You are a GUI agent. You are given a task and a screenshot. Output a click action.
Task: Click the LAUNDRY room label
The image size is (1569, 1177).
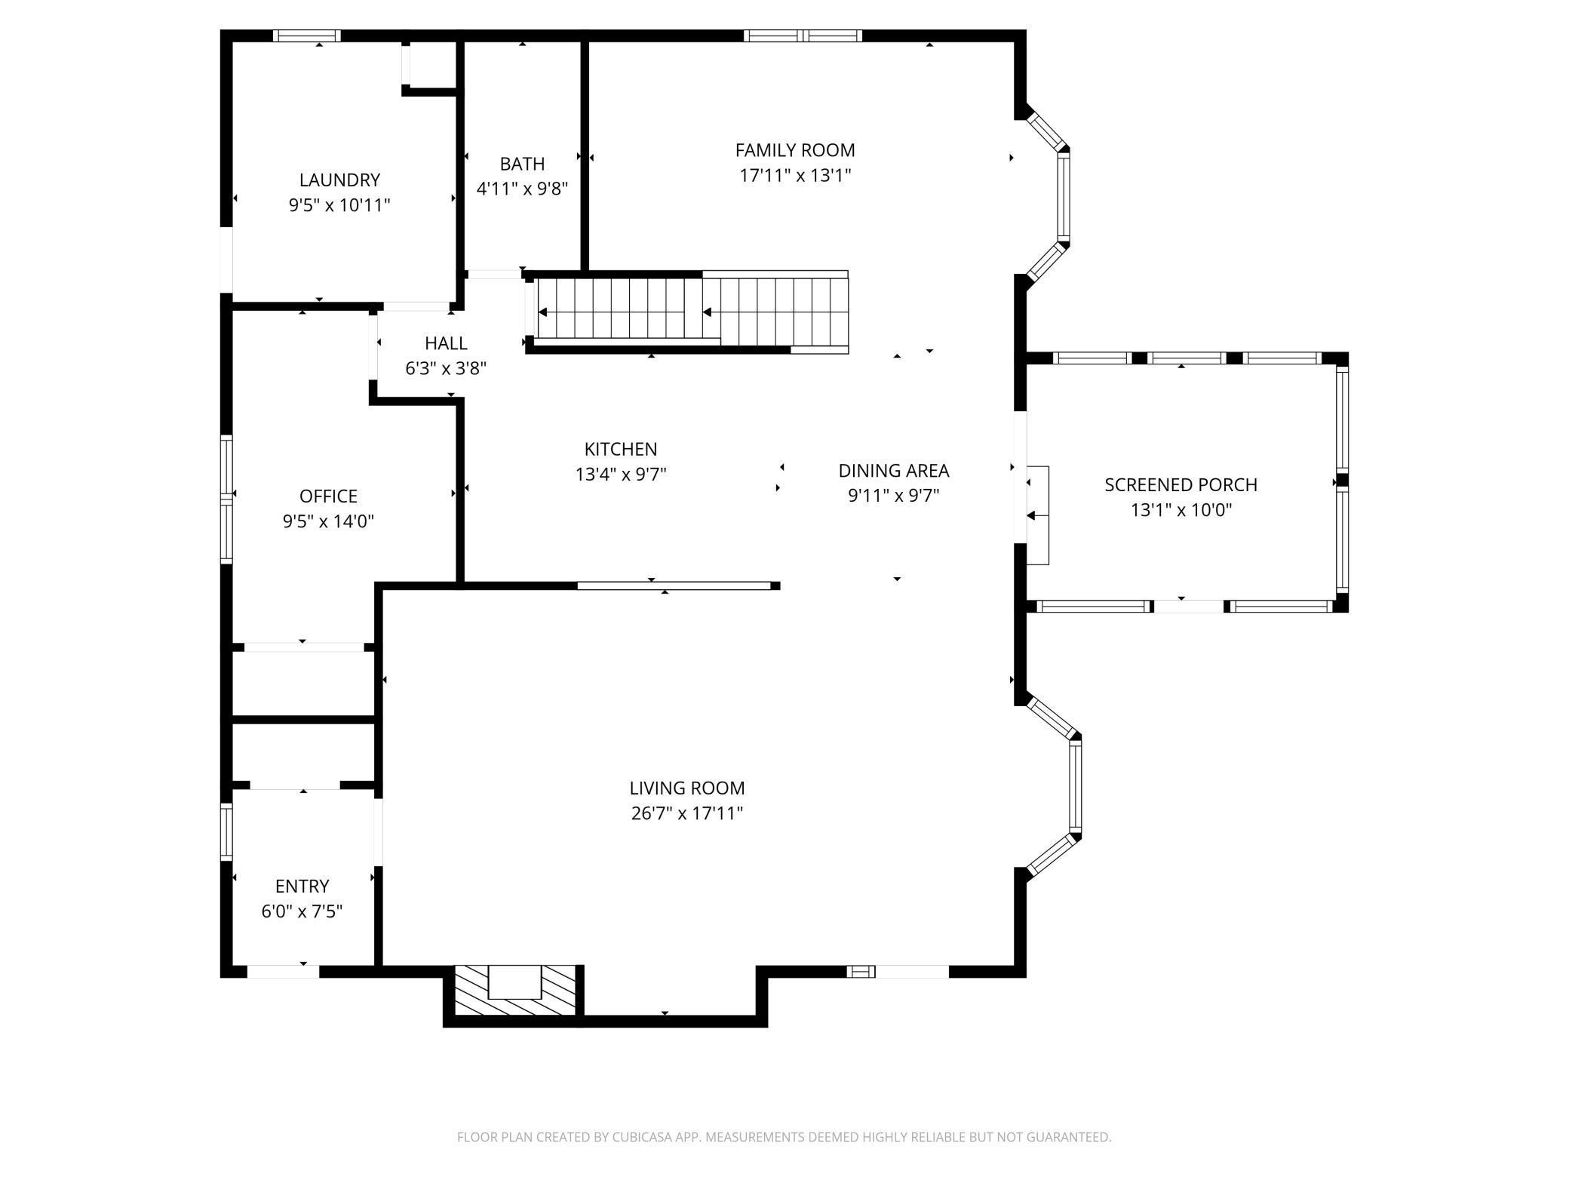coord(339,180)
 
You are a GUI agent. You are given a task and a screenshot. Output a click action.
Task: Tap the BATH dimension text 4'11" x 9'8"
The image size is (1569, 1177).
coord(522,189)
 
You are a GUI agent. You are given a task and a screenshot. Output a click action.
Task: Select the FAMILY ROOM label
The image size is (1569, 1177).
coord(795,150)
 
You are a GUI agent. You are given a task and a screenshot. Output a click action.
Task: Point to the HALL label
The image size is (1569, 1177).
coord(446,343)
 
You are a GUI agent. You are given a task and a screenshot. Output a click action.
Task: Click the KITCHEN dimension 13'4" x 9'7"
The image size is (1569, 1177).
coord(621,475)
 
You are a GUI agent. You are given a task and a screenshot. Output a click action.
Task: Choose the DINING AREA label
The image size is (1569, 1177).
coord(894,471)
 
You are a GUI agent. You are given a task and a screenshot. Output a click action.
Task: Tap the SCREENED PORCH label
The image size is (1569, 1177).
coord(1181,485)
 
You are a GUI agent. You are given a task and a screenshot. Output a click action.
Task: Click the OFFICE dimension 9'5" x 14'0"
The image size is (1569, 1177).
coord(328,521)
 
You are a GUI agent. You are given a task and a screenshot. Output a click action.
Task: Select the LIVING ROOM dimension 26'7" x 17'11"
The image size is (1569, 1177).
coord(687,813)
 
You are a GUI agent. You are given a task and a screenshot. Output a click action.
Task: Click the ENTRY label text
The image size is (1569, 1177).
coord(302,886)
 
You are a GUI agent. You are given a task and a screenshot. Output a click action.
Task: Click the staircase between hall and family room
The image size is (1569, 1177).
coord(690,311)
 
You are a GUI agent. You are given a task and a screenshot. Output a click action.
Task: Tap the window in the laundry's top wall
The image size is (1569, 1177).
coord(306,35)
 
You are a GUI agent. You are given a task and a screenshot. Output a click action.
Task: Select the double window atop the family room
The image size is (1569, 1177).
coord(803,35)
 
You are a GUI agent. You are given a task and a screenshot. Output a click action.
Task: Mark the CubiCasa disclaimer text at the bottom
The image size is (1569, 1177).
coord(784,1137)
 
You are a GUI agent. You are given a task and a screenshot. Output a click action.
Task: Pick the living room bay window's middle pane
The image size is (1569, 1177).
coord(1076,786)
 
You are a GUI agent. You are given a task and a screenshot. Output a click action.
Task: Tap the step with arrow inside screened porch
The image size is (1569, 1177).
coord(1038,515)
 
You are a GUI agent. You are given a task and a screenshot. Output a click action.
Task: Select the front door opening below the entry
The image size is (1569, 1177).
coord(283,972)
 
